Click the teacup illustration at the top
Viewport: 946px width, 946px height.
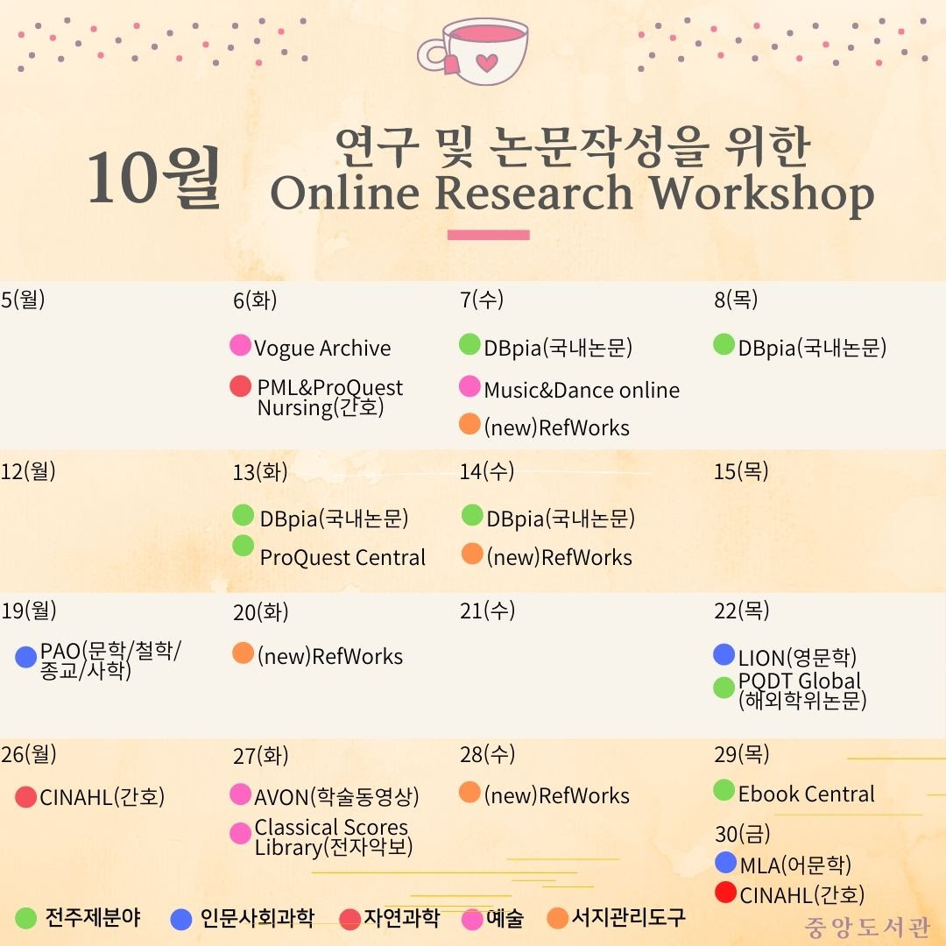coord(473,52)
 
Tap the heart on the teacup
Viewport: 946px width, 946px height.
coord(487,61)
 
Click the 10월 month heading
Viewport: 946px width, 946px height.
coord(154,177)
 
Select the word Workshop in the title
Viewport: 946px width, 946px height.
coord(761,194)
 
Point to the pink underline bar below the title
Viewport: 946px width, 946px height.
coord(488,235)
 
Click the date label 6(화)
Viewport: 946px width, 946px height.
coord(255,300)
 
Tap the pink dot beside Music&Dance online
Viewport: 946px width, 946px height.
coord(469,386)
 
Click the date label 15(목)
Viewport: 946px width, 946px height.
coord(741,471)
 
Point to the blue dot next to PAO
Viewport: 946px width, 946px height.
coord(26,657)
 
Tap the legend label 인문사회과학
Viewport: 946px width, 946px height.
coord(257,918)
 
